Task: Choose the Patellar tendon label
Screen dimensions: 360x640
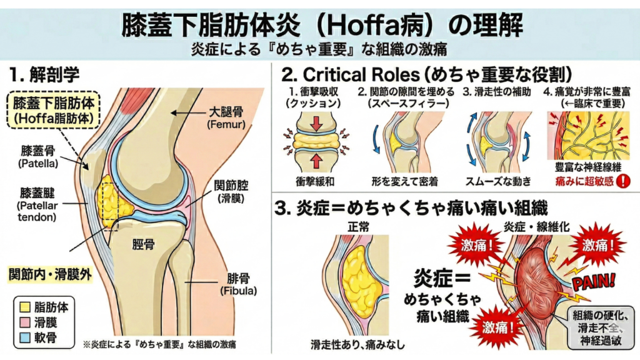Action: point(38,204)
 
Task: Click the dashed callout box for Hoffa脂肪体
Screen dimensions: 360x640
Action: point(52,109)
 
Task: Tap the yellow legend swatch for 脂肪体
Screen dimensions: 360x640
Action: point(26,307)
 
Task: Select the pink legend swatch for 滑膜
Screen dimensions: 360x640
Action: point(26,322)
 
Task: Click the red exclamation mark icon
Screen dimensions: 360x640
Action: point(622,181)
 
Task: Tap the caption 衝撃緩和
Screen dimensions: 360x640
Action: point(317,181)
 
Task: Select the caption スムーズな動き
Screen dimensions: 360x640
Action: point(497,181)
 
